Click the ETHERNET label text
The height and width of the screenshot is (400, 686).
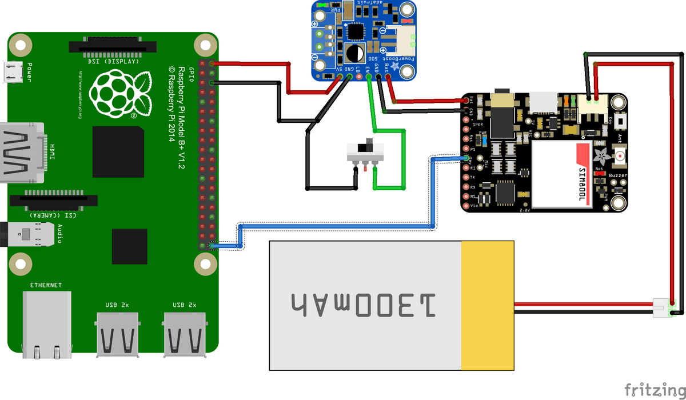[x=46, y=285]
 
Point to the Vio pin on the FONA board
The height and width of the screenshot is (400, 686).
[x=465, y=205]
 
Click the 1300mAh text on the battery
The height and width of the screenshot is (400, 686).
[x=364, y=305]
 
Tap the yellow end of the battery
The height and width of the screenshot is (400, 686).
[x=488, y=305]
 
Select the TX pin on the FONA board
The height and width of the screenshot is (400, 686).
[x=465, y=177]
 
